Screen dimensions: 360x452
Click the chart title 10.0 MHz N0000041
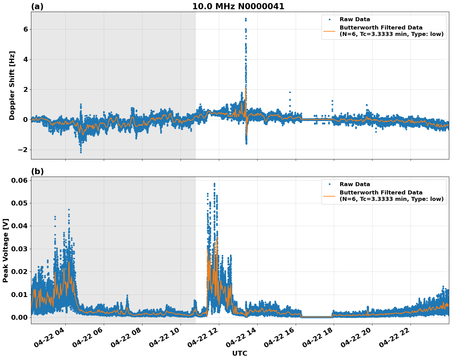click(238, 6)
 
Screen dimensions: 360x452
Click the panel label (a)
click(37, 6)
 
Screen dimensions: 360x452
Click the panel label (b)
click(37, 171)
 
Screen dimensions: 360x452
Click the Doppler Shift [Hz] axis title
click(12, 85)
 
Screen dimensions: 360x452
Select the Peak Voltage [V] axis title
click(6, 250)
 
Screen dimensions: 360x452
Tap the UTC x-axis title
click(240, 353)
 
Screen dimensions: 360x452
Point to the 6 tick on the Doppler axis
click(25, 29)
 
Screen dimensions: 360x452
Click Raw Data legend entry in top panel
click(355, 19)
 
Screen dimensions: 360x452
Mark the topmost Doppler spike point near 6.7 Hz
click(246, 19)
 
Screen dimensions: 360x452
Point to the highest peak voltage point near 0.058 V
click(214, 184)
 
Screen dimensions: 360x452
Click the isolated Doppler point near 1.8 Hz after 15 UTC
click(290, 92)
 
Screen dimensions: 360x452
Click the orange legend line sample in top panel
click(329, 31)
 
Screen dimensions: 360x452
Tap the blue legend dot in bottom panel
click(329, 184)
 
